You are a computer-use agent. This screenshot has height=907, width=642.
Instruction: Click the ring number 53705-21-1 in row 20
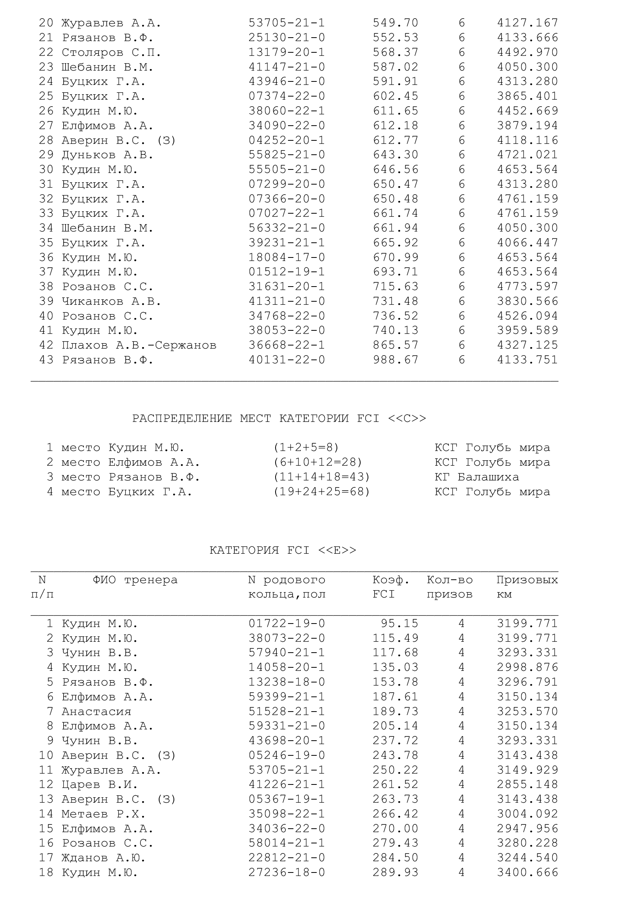[x=286, y=23]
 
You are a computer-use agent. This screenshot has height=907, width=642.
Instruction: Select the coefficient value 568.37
[x=395, y=52]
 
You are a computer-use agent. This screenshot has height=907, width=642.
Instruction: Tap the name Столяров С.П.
[x=111, y=52]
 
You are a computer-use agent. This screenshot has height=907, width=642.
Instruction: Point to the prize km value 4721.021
[x=527, y=154]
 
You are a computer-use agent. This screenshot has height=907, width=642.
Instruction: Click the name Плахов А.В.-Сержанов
[x=139, y=345]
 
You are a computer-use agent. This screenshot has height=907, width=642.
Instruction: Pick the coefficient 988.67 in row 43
[x=395, y=359]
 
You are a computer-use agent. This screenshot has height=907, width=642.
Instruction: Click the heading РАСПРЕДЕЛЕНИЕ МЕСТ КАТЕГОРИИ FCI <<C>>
[x=279, y=418]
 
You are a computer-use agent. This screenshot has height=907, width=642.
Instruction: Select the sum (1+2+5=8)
[x=306, y=447]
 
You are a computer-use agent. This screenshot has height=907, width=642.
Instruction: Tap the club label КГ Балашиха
[x=477, y=477]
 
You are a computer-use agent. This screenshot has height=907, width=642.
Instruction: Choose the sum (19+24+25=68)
[x=321, y=491]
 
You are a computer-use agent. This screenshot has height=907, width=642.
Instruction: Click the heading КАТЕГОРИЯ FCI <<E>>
[x=283, y=550]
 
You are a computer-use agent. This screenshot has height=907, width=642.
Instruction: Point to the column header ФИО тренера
[x=135, y=579]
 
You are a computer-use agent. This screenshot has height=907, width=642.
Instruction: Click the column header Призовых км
[x=527, y=587]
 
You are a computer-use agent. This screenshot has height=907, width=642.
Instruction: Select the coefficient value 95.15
[x=399, y=624]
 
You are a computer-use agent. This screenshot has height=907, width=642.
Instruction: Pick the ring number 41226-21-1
[x=286, y=784]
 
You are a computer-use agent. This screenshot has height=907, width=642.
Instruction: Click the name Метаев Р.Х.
[x=104, y=814]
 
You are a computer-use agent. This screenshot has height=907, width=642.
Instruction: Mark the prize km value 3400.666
[x=527, y=872]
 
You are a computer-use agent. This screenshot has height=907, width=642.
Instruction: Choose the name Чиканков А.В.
[x=111, y=301]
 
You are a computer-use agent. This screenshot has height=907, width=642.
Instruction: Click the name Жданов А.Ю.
[x=104, y=858]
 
